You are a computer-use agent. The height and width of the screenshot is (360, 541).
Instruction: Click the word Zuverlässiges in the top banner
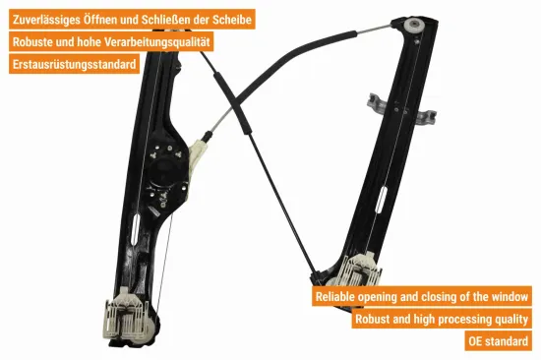tap(46, 20)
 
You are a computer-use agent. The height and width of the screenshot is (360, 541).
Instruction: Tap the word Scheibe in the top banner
tap(232, 20)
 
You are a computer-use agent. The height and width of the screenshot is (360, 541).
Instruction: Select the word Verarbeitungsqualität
tap(157, 41)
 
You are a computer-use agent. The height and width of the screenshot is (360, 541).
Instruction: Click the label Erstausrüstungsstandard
tap(74, 64)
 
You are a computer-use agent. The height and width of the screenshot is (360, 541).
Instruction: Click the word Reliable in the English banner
tap(335, 297)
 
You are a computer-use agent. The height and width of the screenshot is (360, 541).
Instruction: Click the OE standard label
tap(499, 341)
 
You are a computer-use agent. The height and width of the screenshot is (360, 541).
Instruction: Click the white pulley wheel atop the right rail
tap(414, 26)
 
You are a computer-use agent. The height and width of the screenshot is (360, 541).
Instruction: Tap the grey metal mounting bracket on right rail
tap(401, 109)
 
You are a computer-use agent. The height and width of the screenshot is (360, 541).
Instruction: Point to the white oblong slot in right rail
tap(382, 199)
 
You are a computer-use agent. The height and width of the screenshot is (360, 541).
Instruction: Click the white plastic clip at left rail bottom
tap(127, 316)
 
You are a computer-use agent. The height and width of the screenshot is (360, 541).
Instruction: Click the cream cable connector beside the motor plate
tap(197, 155)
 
